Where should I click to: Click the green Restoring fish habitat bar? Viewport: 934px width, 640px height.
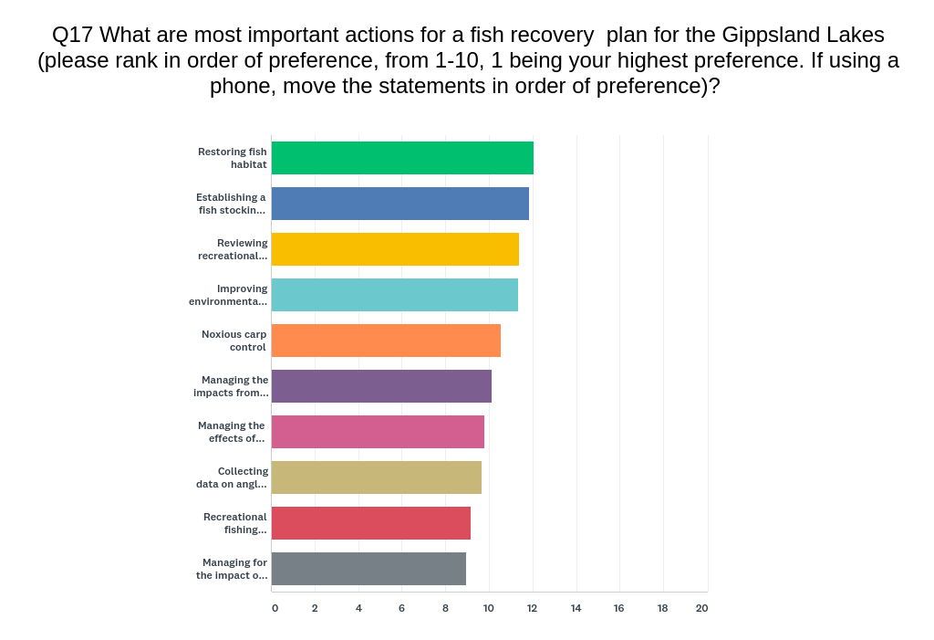[402, 158]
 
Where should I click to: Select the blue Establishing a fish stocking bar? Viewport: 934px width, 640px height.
[400, 204]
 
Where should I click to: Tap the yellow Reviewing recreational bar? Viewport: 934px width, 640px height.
[396, 249]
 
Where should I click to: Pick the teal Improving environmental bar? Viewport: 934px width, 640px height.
[395, 295]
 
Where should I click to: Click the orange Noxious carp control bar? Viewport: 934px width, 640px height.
[386, 341]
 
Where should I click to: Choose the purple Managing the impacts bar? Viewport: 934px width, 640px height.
[382, 386]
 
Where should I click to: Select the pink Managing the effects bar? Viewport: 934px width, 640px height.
[379, 432]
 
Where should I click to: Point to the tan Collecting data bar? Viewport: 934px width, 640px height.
[377, 477]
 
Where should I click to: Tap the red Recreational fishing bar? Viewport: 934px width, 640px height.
[371, 523]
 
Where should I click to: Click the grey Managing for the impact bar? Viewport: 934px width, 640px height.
[368, 569]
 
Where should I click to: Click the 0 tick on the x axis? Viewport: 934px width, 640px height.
[275, 608]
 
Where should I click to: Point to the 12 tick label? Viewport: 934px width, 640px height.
[532, 608]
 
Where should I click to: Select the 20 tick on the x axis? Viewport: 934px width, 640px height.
[701, 608]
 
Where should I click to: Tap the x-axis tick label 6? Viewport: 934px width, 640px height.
[401, 608]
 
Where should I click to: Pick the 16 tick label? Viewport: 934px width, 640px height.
[619, 608]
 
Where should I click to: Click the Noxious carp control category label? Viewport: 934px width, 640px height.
[234, 341]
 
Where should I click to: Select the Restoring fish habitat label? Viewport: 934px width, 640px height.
[233, 158]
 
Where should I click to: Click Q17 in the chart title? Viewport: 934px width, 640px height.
[72, 36]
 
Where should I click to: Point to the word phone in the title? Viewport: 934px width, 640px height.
[243, 87]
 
